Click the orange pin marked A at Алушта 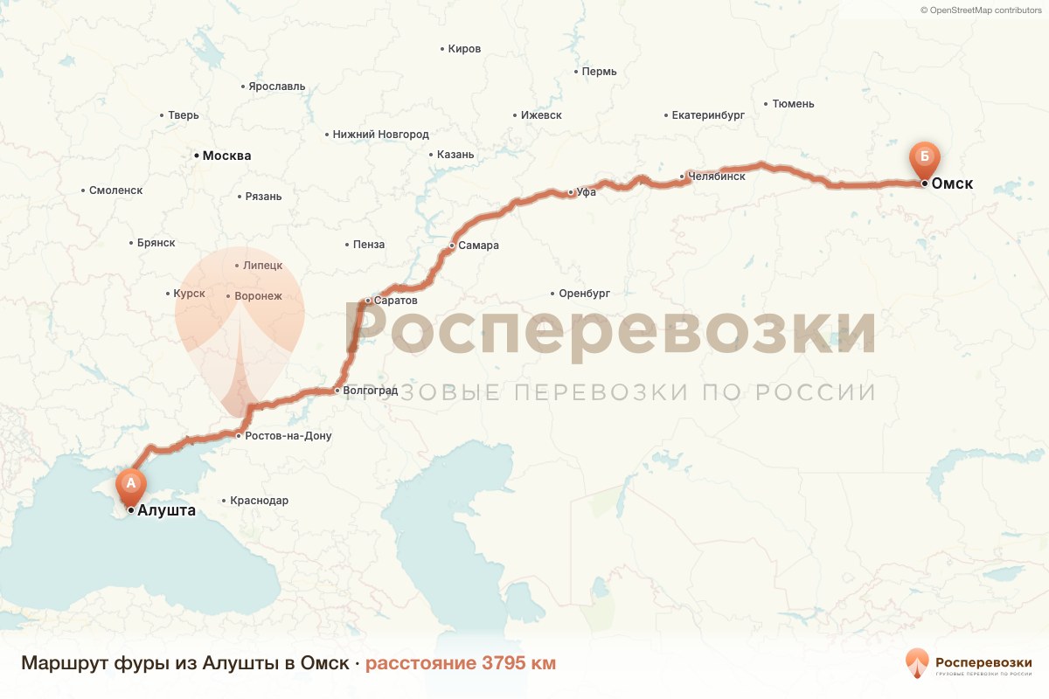(131, 483)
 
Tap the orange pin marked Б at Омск (924, 158)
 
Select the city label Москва (226, 156)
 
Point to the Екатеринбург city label (708, 114)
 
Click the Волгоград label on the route (371, 391)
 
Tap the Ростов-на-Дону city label (288, 435)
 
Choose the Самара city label (478, 246)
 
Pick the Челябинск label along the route (717, 176)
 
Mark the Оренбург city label (584, 294)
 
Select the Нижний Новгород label (380, 135)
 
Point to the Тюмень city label (793, 104)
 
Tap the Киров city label (464, 49)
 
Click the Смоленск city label (115, 190)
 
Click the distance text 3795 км (518, 663)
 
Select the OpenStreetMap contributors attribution (983, 10)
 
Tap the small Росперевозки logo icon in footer (917, 663)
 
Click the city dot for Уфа (570, 192)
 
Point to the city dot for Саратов (369, 301)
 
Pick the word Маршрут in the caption (65, 663)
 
